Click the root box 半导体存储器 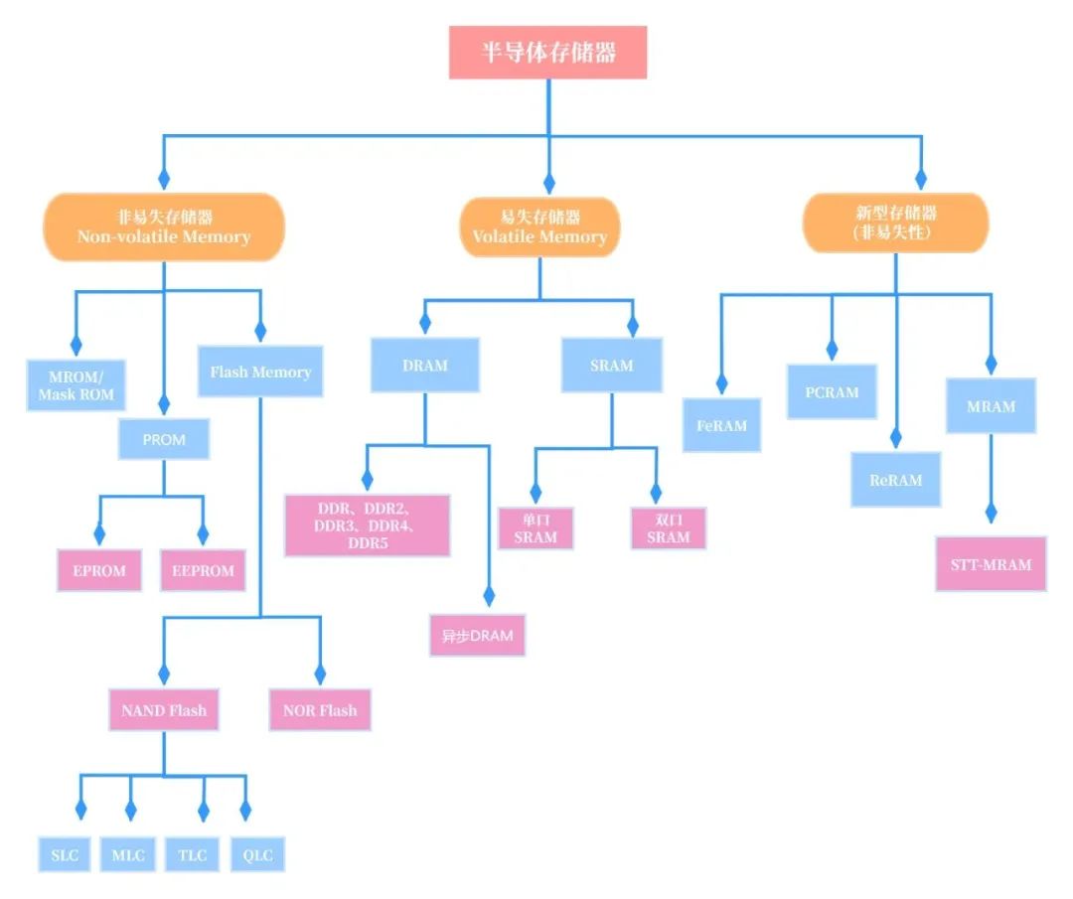pyautogui.click(x=548, y=53)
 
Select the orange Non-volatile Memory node pyautogui.click(x=164, y=226)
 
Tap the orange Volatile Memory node pyautogui.click(x=539, y=226)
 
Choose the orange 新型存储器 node pyautogui.click(x=895, y=223)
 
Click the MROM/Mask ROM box pyautogui.click(x=76, y=385)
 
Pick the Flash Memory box pyautogui.click(x=260, y=372)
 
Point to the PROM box pyautogui.click(x=164, y=439)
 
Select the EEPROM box pyautogui.click(x=203, y=570)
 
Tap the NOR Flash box pyautogui.click(x=320, y=710)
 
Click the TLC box pyautogui.click(x=193, y=855)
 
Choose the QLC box pyautogui.click(x=257, y=855)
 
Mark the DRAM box pyautogui.click(x=425, y=365)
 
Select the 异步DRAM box pyautogui.click(x=478, y=636)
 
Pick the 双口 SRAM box pyautogui.click(x=668, y=528)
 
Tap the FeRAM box pyautogui.click(x=721, y=425)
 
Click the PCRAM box pyautogui.click(x=832, y=391)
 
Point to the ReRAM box pyautogui.click(x=895, y=480)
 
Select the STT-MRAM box pyautogui.click(x=991, y=564)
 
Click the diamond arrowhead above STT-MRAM pyautogui.click(x=991, y=514)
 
